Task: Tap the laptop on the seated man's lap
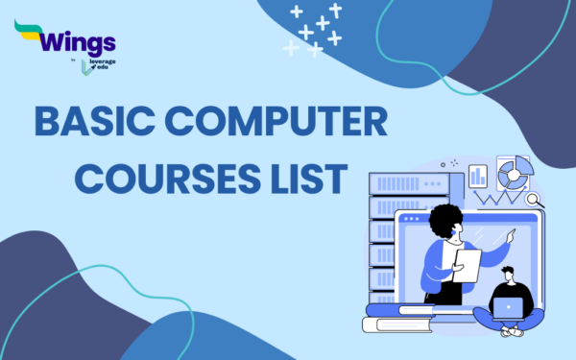pos(506,308)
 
